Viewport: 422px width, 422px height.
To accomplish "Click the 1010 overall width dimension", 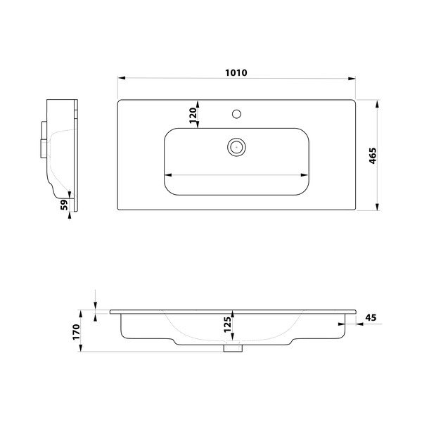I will point(236,72).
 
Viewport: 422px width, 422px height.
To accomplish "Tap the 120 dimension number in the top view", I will point(191,115).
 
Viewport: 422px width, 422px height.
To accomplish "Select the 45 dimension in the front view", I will point(371,318).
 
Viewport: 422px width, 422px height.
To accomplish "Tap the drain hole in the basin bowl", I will point(236,146).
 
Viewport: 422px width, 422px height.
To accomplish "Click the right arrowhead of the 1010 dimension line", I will point(354,79).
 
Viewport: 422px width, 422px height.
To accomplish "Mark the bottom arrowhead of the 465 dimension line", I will point(381,207).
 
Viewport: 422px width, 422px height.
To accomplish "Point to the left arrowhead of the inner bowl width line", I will point(168,174).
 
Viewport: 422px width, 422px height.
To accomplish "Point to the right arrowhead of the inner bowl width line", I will point(307,174).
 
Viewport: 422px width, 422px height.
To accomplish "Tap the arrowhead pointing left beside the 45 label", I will point(355,324).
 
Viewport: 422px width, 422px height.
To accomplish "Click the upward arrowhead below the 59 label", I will point(70,215).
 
